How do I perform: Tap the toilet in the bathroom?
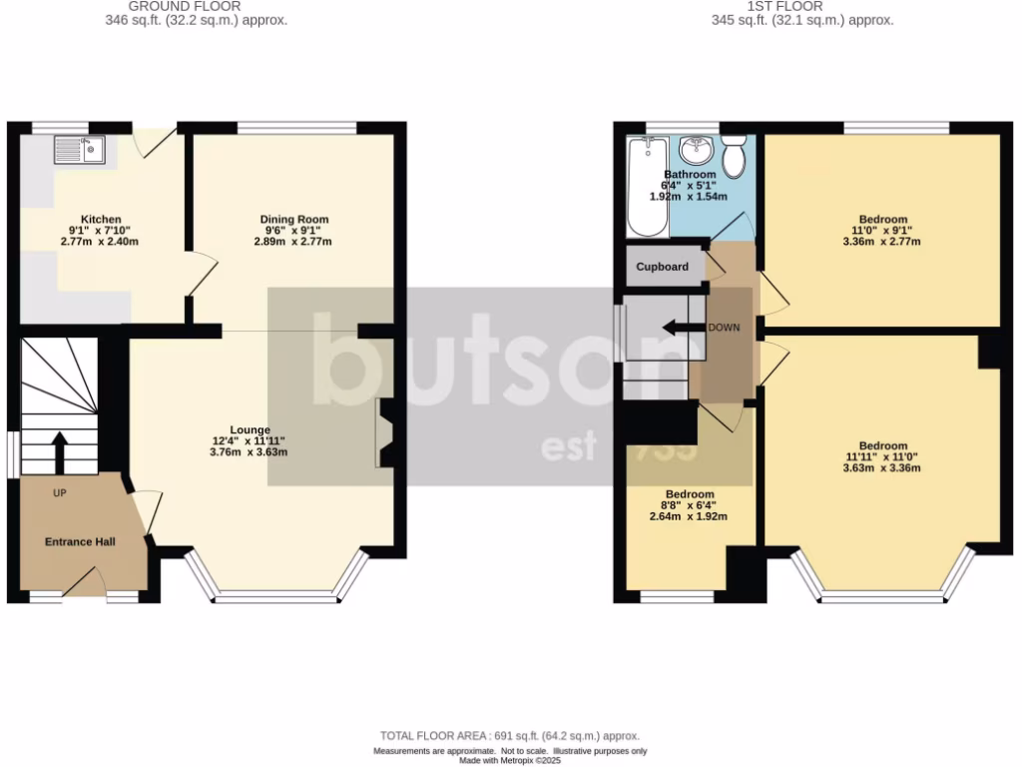[x=734, y=157]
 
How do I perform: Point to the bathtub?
[x=647, y=188]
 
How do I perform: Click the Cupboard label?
[x=663, y=268]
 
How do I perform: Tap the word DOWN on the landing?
[x=724, y=328]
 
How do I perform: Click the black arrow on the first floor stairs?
[x=683, y=328]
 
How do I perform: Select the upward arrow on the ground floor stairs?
[x=59, y=452]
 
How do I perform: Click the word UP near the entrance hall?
[x=60, y=492]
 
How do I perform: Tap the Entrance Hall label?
[x=80, y=542]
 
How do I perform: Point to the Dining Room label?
[x=293, y=220]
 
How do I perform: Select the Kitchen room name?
[x=101, y=220]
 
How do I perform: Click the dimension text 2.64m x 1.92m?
[x=689, y=516]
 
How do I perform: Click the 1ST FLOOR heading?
[x=801, y=6]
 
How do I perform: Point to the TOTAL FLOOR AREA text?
[x=510, y=736]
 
